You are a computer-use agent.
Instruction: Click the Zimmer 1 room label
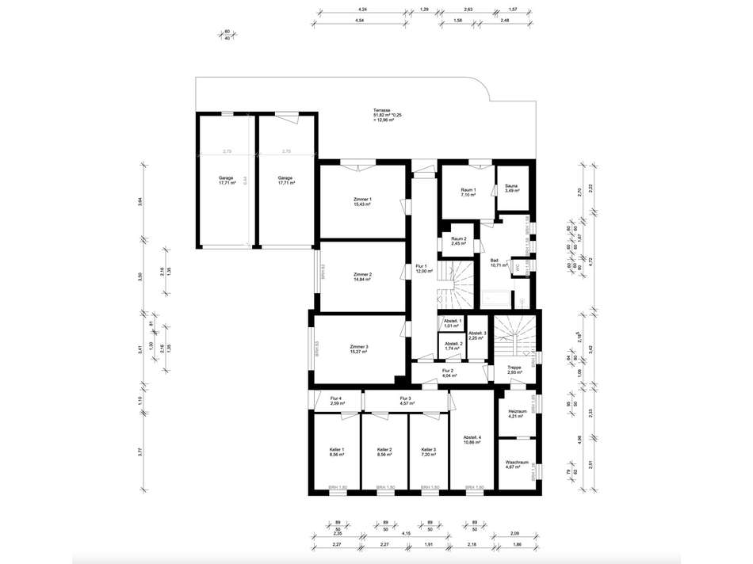coord(362,201)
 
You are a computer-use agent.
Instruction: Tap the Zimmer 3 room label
coord(359,349)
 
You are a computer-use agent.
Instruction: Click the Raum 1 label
coord(468,192)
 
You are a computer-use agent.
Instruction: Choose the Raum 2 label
coord(458,241)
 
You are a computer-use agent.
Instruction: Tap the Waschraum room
coord(517,464)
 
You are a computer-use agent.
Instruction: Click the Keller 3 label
coord(429,452)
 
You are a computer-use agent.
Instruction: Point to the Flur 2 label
coord(448,372)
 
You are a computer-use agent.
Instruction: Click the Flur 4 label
coord(335,401)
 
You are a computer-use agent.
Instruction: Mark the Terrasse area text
coord(388,115)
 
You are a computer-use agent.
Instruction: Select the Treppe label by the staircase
coord(514,370)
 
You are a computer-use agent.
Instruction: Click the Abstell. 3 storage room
coord(476,336)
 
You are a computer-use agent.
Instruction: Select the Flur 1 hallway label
coord(421,269)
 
